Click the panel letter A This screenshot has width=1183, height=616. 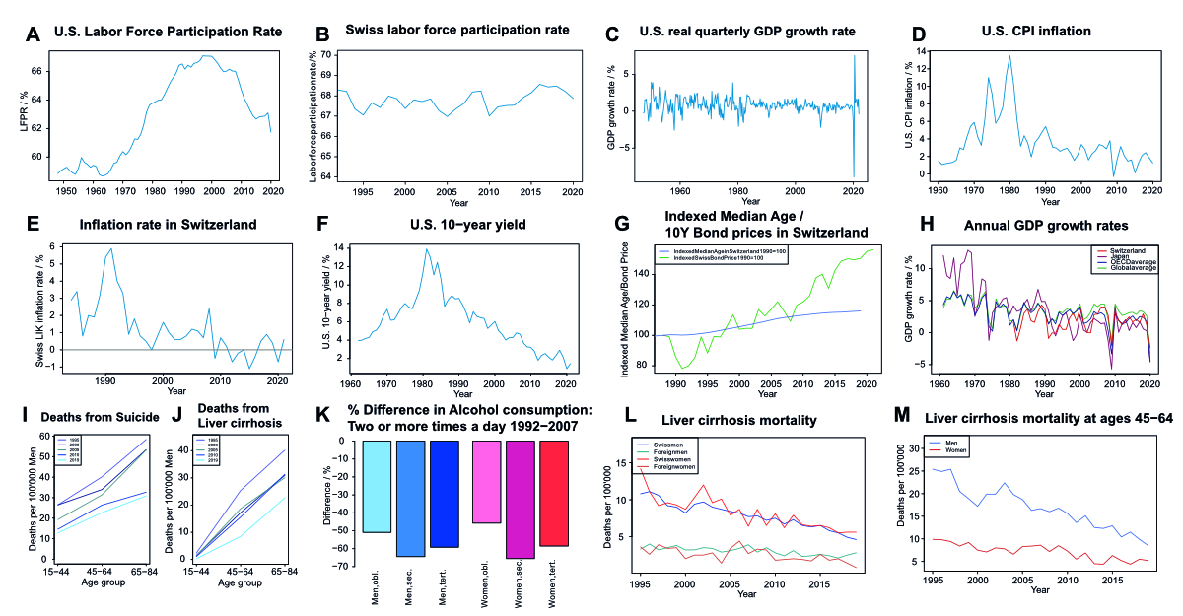coord(34,35)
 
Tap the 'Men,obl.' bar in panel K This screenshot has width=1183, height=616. coord(377,486)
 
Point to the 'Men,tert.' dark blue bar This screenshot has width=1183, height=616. coord(445,494)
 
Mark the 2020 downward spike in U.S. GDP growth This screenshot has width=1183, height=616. coord(854,175)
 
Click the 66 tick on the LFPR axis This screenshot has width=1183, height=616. coord(36,72)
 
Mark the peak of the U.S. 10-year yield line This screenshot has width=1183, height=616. coord(427,250)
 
